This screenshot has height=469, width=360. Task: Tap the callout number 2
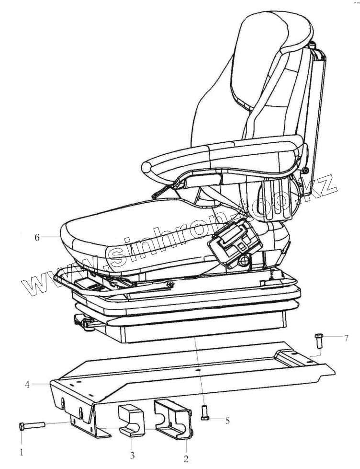(186, 459)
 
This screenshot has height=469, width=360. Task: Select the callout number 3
(132, 455)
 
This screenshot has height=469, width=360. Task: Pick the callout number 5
(227, 421)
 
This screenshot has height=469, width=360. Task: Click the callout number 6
(37, 237)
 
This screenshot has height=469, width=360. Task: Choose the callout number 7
(346, 338)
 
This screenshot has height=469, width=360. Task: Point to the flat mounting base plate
(191, 369)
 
